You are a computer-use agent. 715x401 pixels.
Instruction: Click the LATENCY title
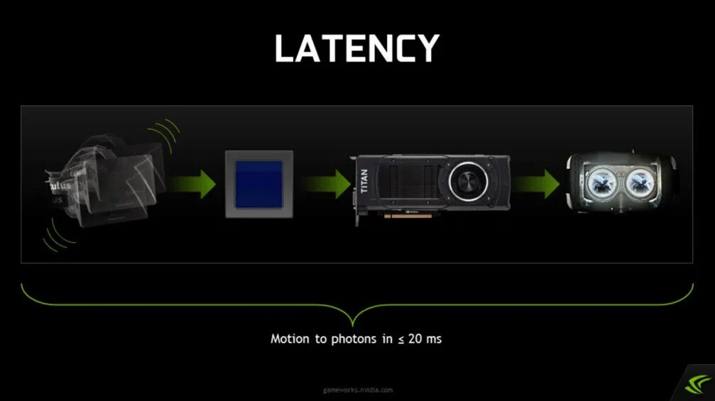pos(357,48)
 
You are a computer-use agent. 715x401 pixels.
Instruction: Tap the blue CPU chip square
pos(259,184)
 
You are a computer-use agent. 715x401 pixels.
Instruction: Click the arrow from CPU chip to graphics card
pos(328,183)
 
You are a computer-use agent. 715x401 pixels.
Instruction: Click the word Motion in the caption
pos(290,339)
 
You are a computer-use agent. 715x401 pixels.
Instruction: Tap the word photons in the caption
pos(353,339)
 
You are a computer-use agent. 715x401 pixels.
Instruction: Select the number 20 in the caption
pos(414,339)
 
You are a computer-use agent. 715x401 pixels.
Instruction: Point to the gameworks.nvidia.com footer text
pos(357,390)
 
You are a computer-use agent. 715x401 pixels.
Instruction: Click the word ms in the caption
pos(434,339)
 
